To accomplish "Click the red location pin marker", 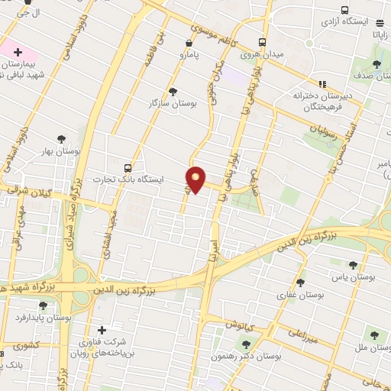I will click(196, 179).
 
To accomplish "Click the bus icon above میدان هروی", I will click(263, 42).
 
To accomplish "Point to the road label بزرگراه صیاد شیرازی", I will click(78, 189).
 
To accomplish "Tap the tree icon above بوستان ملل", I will click(374, 334).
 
